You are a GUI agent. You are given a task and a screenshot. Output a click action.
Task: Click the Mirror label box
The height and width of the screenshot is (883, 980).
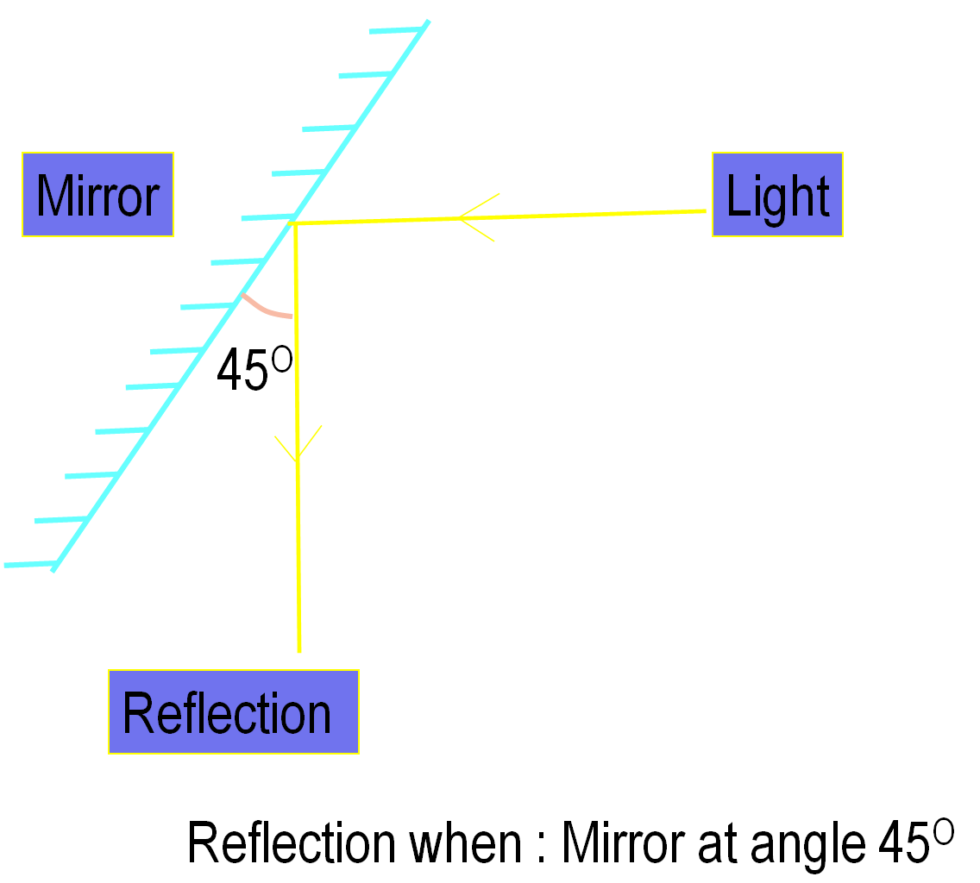[x=97, y=195]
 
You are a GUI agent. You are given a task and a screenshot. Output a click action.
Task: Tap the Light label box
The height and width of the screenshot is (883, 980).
[x=777, y=195]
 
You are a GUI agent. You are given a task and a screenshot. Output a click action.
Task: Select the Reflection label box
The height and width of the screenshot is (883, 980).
[x=233, y=712]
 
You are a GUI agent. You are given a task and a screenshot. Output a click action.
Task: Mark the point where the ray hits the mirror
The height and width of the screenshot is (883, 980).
[x=294, y=223]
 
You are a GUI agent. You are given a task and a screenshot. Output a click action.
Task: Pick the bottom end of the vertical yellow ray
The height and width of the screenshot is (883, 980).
[x=299, y=651]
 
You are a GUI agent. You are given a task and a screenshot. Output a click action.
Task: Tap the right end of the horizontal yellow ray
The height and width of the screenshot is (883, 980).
[x=705, y=210]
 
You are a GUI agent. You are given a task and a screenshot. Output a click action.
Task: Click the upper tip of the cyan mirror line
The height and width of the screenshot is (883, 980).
[x=427, y=22]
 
